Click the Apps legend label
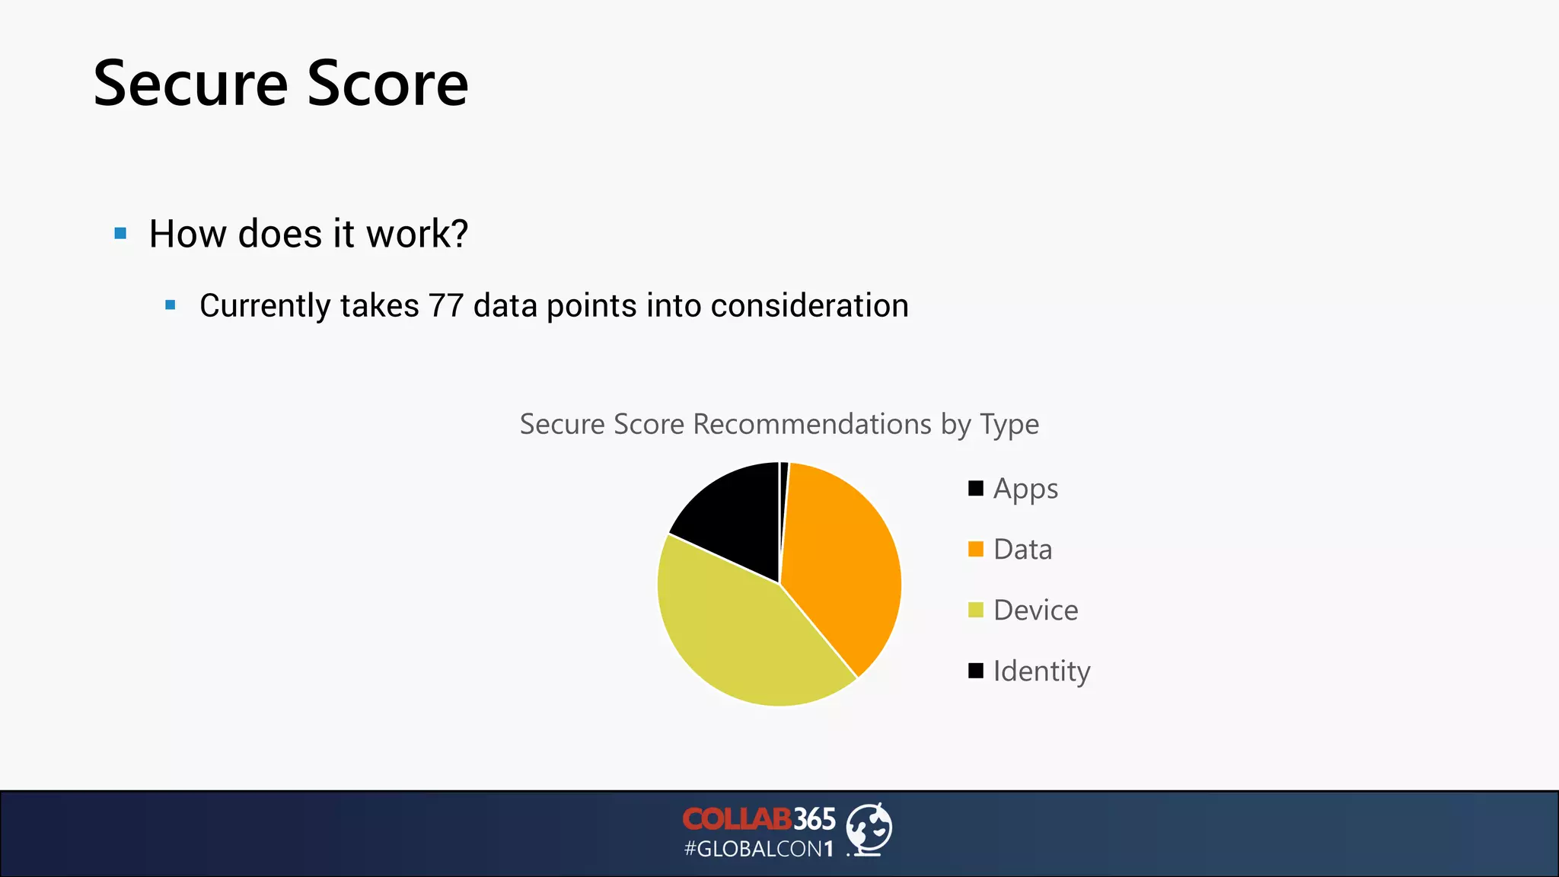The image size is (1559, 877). point(1025,489)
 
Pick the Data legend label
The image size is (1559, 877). point(1022,550)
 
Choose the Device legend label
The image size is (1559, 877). point(1035,611)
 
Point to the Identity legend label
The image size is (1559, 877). point(1041,671)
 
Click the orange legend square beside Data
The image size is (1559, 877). point(975,550)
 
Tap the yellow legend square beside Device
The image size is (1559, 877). point(975,611)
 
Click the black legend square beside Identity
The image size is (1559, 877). point(975,671)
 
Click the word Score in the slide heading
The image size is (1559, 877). point(387,84)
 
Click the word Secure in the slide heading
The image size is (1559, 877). point(190,84)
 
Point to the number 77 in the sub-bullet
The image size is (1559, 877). point(445,306)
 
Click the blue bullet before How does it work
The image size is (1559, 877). point(120,234)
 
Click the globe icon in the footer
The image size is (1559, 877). point(869,828)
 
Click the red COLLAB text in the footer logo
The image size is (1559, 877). point(736,819)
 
